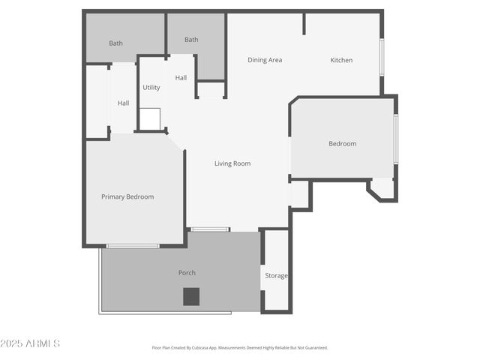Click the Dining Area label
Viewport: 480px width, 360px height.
pos(265,60)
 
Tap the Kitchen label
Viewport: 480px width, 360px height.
pos(341,60)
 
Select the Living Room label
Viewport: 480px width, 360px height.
pos(232,163)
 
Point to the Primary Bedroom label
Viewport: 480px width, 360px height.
pos(127,196)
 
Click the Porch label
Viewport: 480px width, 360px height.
pos(187,272)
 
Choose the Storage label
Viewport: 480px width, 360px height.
pos(276,276)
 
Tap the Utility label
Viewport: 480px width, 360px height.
pos(151,88)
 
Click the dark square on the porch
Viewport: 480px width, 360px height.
pos(191,296)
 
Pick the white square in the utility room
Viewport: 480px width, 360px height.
pos(150,118)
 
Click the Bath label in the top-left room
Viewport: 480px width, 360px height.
pos(115,43)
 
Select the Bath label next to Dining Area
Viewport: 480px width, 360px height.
pos(191,40)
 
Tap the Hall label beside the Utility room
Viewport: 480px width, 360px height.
pos(123,103)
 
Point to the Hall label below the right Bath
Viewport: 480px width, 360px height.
pos(181,78)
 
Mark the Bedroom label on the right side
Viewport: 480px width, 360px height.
pos(342,143)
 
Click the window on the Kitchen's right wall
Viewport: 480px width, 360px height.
pos(382,56)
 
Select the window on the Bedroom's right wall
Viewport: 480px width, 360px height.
pos(395,139)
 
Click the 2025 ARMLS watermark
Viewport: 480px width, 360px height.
pos(31,343)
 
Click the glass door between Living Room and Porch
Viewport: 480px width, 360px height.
pos(210,229)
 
